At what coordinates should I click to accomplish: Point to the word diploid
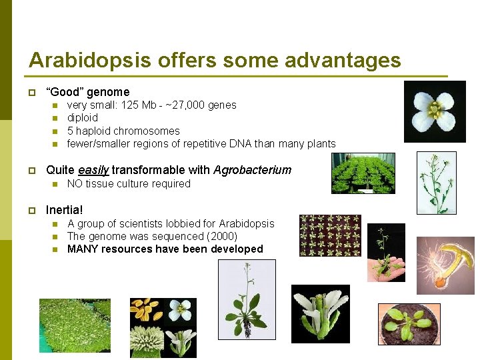pos(83,118)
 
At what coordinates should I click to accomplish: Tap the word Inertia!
pos(65,210)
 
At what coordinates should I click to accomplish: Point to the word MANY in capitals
pos(81,249)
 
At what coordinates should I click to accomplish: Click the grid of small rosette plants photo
pos(330,235)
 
